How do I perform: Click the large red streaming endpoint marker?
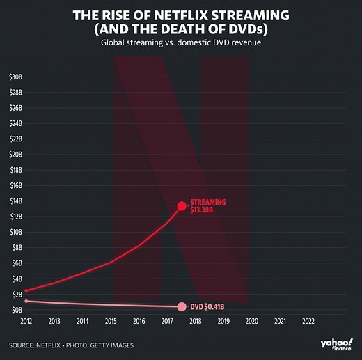(x=182, y=206)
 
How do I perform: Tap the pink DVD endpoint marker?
(x=182, y=307)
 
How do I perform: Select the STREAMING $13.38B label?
(x=207, y=205)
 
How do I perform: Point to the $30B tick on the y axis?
(x=15, y=77)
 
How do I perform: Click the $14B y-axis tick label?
(x=15, y=201)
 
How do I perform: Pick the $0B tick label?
(x=15, y=309)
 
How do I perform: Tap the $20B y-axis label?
(x=15, y=155)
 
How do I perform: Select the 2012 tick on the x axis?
(x=26, y=322)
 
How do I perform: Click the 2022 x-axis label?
(x=308, y=322)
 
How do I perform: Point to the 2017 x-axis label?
(x=167, y=322)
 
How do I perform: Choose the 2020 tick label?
(x=251, y=322)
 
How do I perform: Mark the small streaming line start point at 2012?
(x=26, y=290)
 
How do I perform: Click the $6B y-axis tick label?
(x=15, y=263)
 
